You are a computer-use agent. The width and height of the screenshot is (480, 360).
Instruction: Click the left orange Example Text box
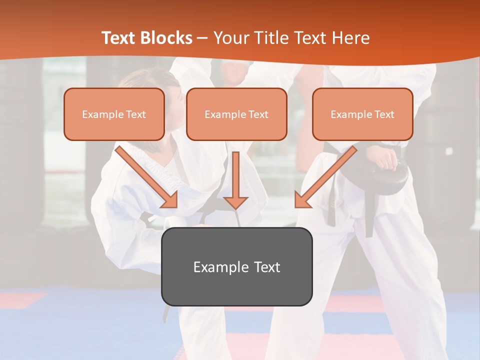114,114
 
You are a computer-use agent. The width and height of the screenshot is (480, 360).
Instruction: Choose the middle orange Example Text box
236,114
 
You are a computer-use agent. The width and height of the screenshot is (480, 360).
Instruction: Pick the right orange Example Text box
362,114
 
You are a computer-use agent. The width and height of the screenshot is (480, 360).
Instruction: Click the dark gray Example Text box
236,266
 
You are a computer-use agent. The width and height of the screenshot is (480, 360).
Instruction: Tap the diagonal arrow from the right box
325,177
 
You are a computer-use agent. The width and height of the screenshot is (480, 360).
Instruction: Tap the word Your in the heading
231,38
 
